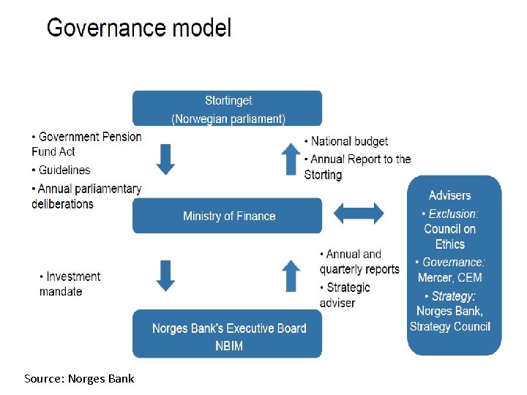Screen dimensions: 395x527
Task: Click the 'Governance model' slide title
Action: (x=139, y=29)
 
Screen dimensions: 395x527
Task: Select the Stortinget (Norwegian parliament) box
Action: (x=227, y=108)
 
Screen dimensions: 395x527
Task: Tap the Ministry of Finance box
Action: (x=227, y=216)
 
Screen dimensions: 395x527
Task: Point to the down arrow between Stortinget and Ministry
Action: (x=166, y=159)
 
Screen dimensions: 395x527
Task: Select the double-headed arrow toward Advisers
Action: (x=358, y=214)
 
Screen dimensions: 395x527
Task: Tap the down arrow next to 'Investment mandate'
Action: (x=166, y=275)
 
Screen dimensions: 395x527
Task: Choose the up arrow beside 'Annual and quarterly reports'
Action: (x=291, y=275)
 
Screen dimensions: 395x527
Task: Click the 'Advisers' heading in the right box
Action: (x=449, y=195)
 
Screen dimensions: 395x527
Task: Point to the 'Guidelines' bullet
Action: (x=61, y=170)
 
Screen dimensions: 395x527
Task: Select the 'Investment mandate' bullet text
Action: (x=70, y=284)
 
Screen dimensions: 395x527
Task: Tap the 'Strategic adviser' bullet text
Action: (x=345, y=295)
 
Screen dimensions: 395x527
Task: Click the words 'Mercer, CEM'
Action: (x=449, y=277)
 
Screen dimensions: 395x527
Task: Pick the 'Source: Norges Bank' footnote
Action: (x=79, y=378)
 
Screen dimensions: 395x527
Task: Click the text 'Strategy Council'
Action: (x=449, y=326)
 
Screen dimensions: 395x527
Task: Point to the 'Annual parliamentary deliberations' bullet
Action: (x=86, y=196)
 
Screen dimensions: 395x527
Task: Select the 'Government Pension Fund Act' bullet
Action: (x=86, y=144)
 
